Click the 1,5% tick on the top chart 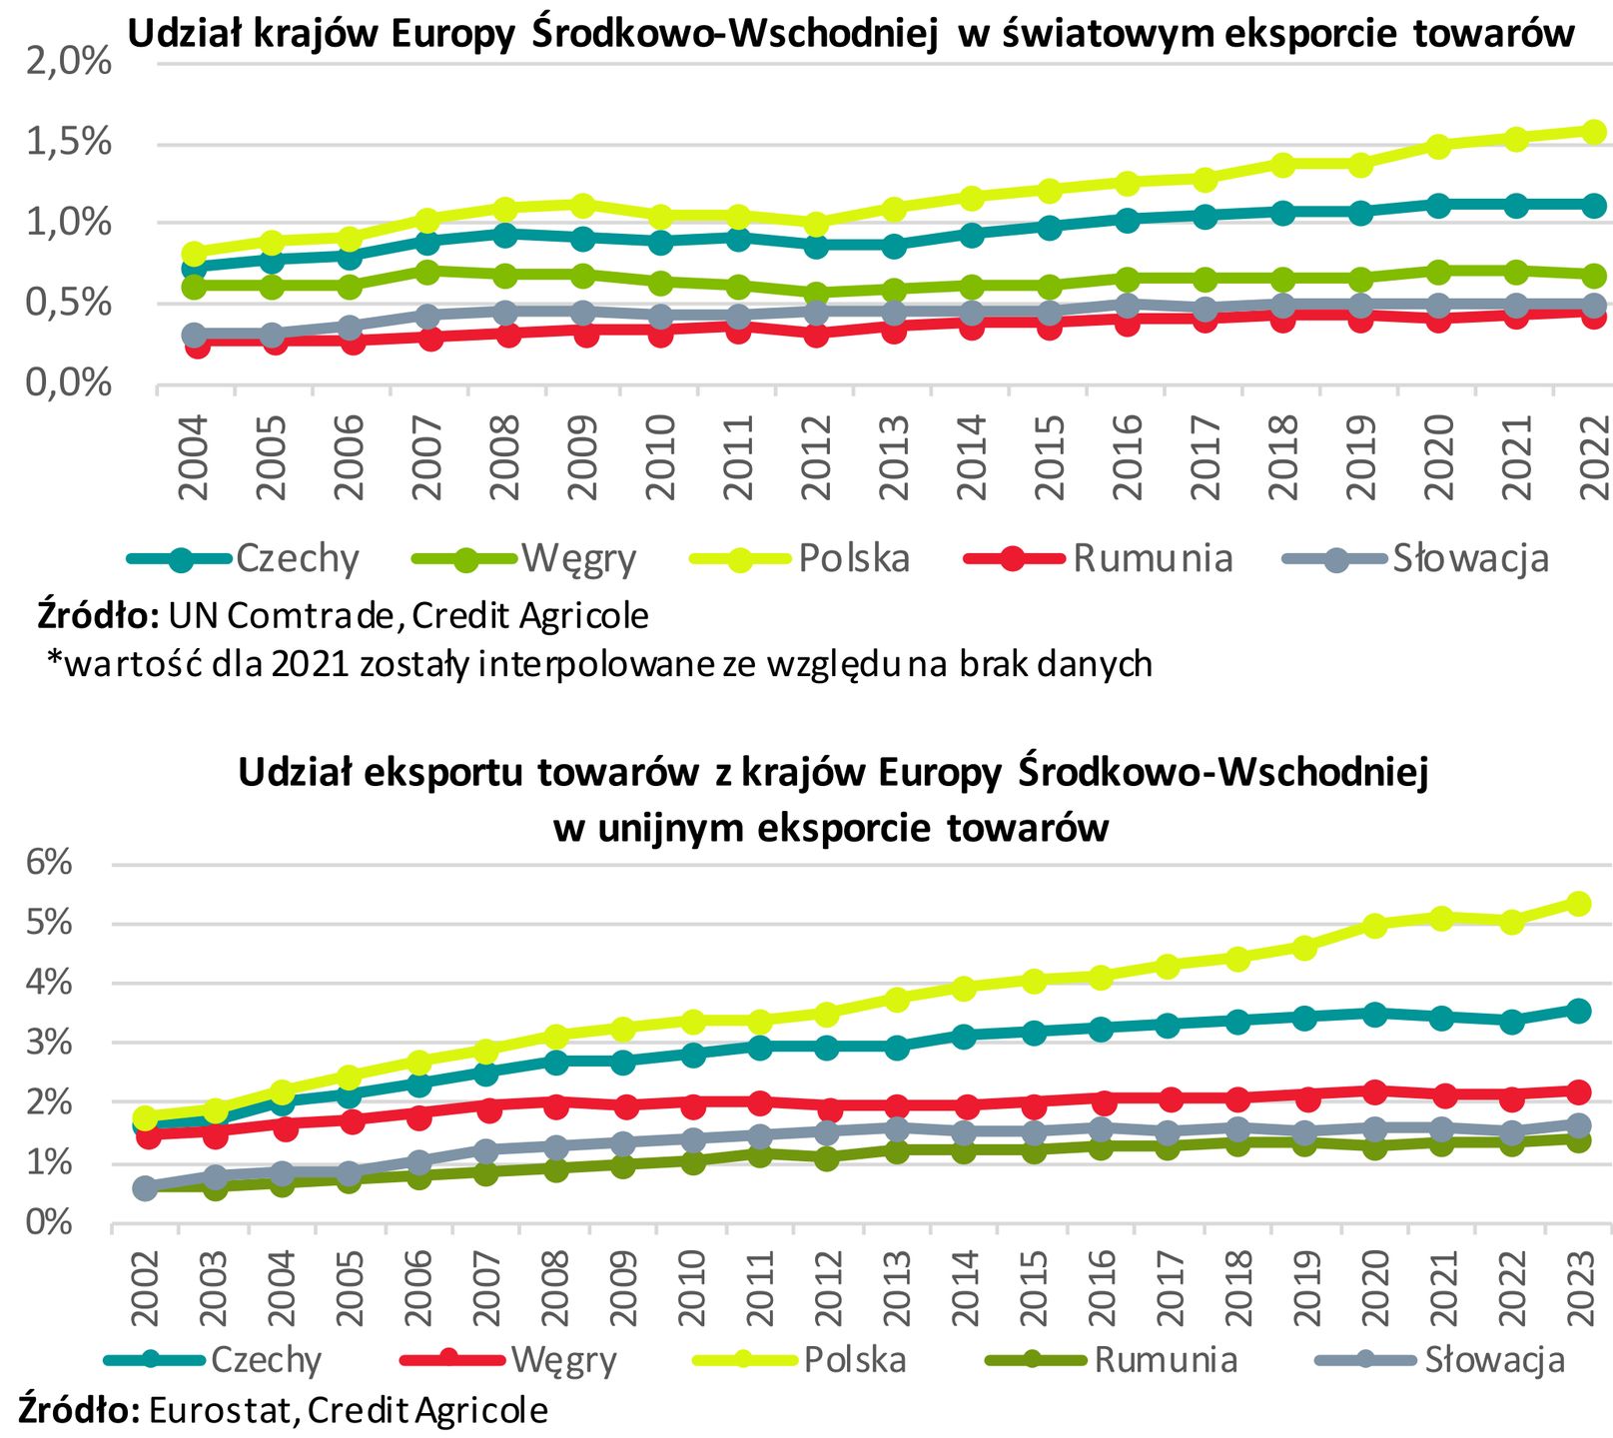(68, 143)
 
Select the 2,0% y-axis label (68, 62)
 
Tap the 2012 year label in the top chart (816, 457)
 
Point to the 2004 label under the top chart (193, 457)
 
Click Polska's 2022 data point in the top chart (1594, 132)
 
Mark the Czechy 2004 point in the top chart (195, 267)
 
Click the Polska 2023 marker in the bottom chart (1579, 904)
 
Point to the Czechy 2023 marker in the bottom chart (1579, 1011)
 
